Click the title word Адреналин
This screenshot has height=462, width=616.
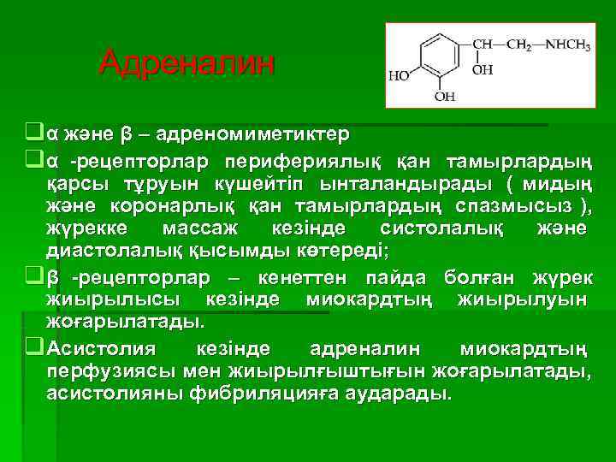[187, 62]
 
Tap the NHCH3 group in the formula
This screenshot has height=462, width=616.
[565, 43]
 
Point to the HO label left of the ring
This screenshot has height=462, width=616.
[400, 75]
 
